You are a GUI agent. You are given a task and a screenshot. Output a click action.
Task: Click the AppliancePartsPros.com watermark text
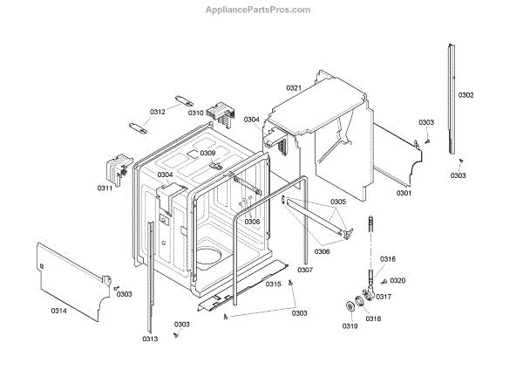coord(257,10)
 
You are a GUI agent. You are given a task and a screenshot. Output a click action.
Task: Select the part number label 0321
coord(293,88)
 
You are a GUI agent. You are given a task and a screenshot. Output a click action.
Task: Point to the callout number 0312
coord(157,112)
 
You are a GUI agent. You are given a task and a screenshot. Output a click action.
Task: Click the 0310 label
coord(196,113)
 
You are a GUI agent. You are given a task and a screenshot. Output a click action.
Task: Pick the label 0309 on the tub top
coord(207,153)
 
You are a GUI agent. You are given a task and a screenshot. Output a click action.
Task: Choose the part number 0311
coord(105,188)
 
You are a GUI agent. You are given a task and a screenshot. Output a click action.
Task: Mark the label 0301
coord(404,192)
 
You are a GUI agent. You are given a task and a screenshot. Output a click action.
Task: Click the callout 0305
coord(338,202)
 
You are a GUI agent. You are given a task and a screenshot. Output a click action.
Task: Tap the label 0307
coord(304,270)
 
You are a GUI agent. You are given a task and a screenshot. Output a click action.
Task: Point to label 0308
coord(252,222)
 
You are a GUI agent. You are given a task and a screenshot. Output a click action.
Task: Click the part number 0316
coord(388,258)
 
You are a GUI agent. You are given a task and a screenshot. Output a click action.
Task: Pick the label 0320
coord(397,280)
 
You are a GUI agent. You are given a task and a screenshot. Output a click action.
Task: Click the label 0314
coord(58,311)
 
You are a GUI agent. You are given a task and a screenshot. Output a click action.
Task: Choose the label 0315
coord(273,284)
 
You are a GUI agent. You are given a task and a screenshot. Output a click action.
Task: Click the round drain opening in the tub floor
coord(210,256)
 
